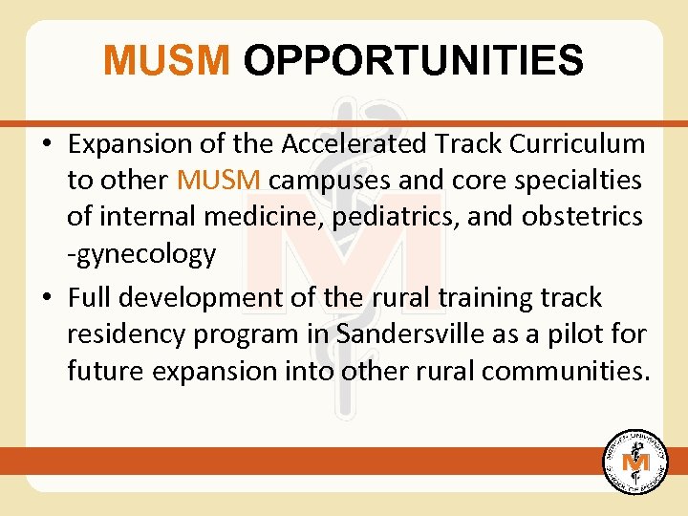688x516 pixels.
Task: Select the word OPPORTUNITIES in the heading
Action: [413, 61]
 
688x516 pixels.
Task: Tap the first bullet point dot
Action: [47, 144]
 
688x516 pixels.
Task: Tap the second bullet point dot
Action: [47, 299]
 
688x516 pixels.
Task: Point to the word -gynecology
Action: [141, 254]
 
